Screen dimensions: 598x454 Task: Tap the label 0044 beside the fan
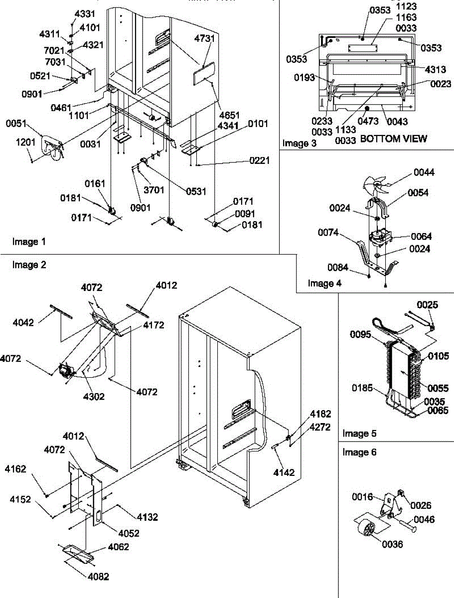point(424,173)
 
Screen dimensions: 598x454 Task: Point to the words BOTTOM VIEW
point(393,139)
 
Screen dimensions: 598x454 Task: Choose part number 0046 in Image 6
point(424,520)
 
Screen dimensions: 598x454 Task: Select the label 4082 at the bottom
point(98,577)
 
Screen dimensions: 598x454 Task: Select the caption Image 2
point(28,265)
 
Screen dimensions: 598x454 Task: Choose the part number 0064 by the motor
point(422,236)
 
